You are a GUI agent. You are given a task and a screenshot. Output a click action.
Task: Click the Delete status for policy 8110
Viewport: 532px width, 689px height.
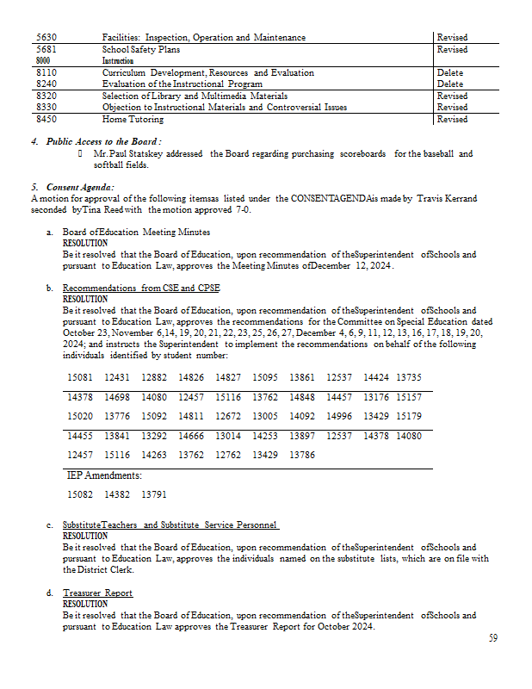449,73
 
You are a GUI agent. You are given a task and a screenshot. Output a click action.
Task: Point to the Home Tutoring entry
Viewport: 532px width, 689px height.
133,120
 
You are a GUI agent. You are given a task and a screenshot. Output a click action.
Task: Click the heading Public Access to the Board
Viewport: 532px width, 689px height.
103,141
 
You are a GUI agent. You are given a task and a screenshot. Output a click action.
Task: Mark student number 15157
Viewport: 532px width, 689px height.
408,397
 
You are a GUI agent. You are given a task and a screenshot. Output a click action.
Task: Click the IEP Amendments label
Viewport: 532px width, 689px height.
105,475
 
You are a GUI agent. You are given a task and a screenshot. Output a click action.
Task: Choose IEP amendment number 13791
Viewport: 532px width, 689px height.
153,494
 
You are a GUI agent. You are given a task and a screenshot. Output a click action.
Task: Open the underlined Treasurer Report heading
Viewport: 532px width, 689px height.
97,593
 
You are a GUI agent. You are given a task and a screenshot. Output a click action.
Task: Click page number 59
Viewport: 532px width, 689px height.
492,638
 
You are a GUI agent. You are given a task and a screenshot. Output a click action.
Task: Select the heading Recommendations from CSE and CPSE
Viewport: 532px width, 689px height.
142,288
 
